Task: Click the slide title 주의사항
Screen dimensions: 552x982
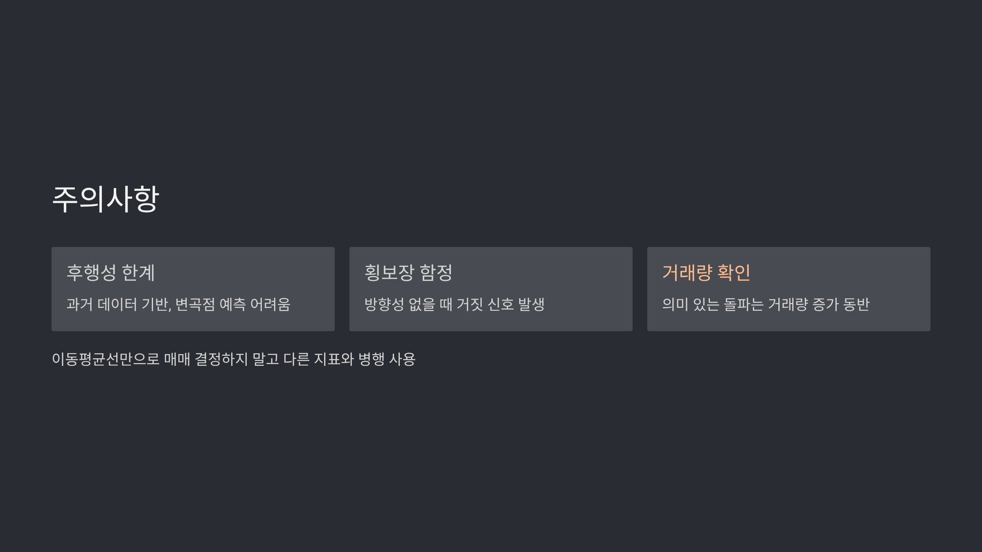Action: (106, 199)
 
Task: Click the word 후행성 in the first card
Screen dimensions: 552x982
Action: (91, 273)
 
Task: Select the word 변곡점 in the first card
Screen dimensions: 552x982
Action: (195, 304)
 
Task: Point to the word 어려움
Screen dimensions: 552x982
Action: (270, 304)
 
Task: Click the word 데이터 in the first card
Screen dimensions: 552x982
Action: (117, 304)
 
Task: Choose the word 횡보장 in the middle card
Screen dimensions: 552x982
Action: (389, 273)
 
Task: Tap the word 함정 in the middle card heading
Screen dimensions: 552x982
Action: (436, 273)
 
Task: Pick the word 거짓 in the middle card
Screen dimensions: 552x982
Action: (470, 304)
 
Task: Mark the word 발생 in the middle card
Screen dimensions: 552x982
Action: (531, 304)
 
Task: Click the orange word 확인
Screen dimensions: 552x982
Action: (734, 273)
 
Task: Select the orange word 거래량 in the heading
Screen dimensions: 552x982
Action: (687, 273)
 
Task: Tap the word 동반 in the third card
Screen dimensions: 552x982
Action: (856, 304)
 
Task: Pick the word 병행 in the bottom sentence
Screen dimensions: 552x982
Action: (371, 359)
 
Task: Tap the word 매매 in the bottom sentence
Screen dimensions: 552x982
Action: (177, 359)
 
